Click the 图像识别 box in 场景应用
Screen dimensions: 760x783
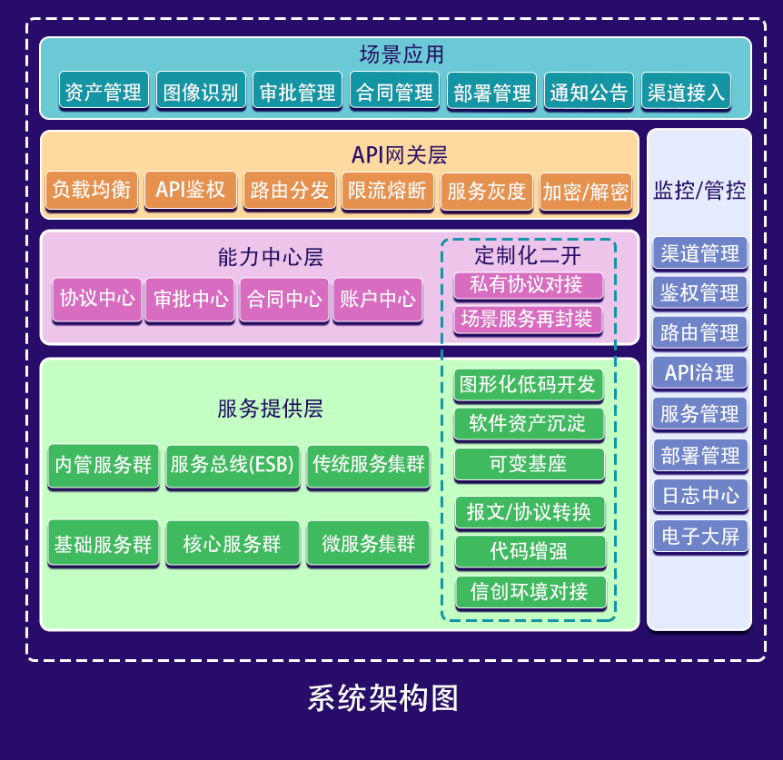(x=200, y=92)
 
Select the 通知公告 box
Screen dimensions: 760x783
(x=589, y=92)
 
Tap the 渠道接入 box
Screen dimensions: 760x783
(x=686, y=92)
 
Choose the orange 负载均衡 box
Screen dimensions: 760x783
(x=92, y=191)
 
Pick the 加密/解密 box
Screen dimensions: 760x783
(x=585, y=192)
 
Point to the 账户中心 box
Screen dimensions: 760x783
(x=377, y=299)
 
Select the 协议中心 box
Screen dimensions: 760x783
(x=97, y=299)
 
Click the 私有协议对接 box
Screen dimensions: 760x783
(x=528, y=285)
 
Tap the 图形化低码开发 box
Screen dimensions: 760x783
(x=528, y=384)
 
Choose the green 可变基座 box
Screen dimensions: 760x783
(x=528, y=463)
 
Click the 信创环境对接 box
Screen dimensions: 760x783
(x=528, y=592)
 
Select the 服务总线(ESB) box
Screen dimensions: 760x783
(x=233, y=465)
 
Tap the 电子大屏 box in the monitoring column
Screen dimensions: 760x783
(x=699, y=536)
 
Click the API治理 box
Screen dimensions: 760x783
(x=699, y=372)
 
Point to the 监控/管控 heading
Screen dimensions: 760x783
(x=699, y=191)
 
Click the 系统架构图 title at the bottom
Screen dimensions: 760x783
(x=382, y=697)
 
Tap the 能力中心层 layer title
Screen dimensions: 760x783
(x=271, y=258)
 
